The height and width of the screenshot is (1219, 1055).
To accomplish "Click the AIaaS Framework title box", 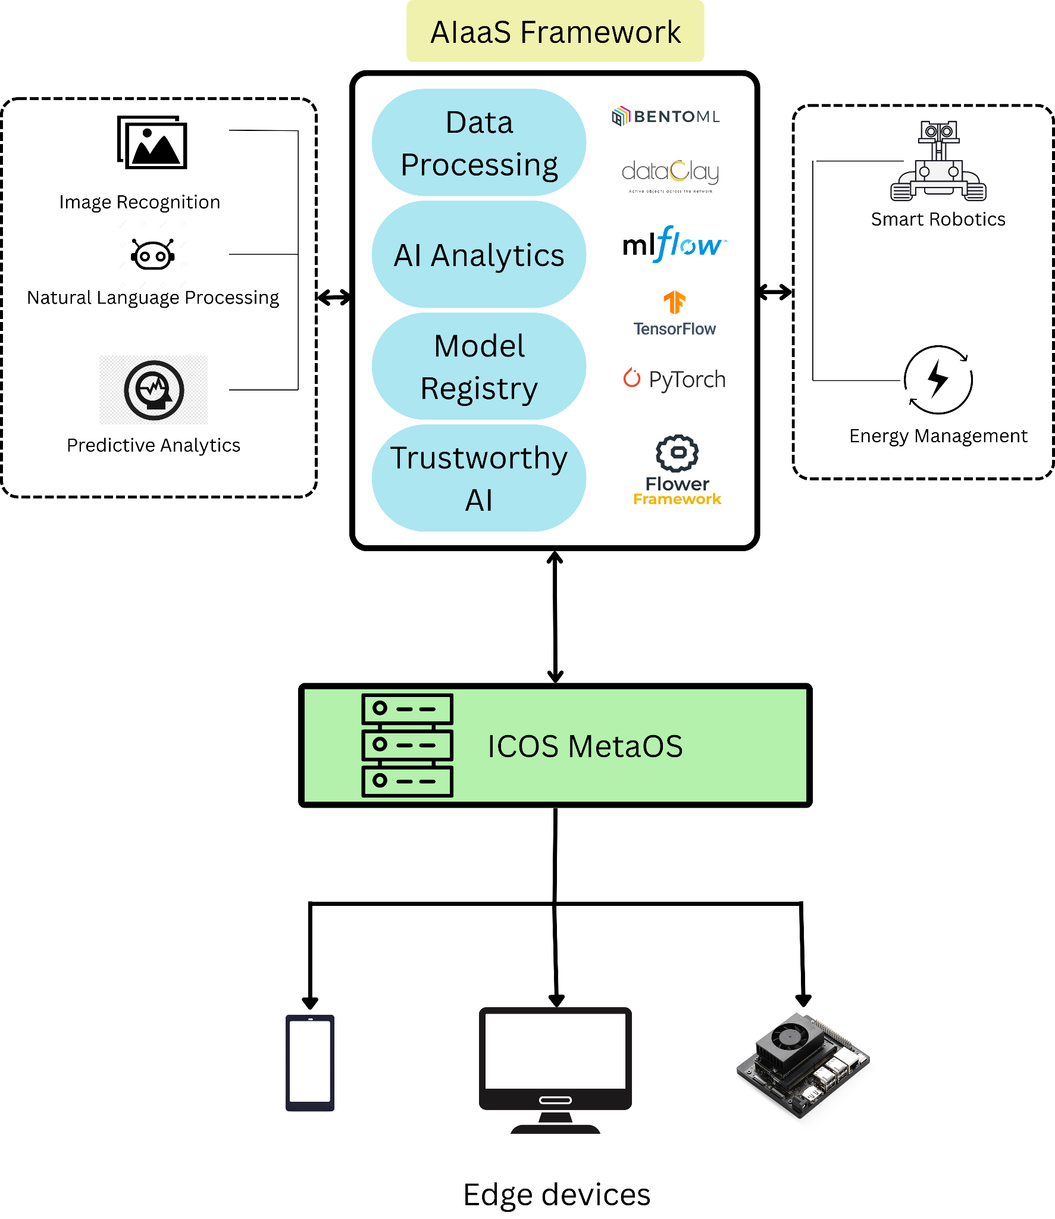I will (555, 32).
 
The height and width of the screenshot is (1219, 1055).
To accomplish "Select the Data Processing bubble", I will (479, 143).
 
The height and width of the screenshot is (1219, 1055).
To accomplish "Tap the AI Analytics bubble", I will (479, 255).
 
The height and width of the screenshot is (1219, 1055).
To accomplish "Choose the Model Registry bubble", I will (479, 367).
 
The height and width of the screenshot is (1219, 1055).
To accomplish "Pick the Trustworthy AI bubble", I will (479, 478).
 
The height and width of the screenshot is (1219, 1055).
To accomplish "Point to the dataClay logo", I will (670, 174).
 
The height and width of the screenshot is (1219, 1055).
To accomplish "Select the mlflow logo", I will (673, 244).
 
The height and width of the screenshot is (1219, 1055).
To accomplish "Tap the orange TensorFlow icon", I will (675, 302).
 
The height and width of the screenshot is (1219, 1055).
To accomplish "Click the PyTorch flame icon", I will (631, 377).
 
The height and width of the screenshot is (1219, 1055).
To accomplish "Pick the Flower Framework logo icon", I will (677, 454).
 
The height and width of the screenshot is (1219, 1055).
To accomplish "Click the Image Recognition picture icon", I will (152, 143).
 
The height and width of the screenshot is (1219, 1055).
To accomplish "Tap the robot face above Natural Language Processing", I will (153, 255).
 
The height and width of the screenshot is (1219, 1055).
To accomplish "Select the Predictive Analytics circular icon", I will (154, 390).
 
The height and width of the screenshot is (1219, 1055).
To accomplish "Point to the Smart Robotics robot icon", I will (938, 161).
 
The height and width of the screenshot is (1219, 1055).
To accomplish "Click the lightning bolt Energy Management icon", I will (938, 379).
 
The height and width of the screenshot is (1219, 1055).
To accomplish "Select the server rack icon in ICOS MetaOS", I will (407, 745).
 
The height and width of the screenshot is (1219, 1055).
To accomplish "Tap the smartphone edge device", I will (310, 1062).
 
